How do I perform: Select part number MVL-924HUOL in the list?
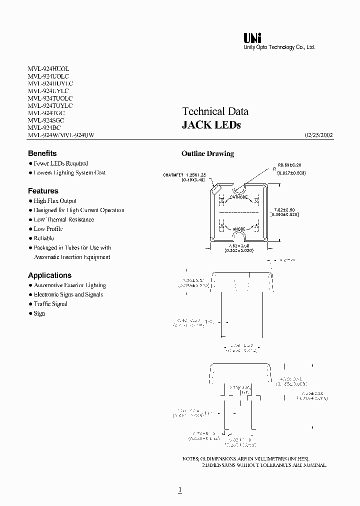[x=48, y=68]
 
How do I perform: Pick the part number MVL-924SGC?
[x=46, y=120]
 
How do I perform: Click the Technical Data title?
[x=215, y=111]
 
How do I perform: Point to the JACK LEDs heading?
[x=211, y=125]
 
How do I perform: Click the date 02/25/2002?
[x=318, y=135]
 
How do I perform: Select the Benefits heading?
[x=42, y=153]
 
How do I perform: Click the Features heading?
[x=43, y=191]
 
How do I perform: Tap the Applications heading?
[x=49, y=275]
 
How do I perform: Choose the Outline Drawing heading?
[x=207, y=153]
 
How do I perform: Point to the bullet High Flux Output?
[x=55, y=200]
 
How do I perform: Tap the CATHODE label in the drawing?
[x=238, y=197]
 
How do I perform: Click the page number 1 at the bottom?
[x=179, y=490]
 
